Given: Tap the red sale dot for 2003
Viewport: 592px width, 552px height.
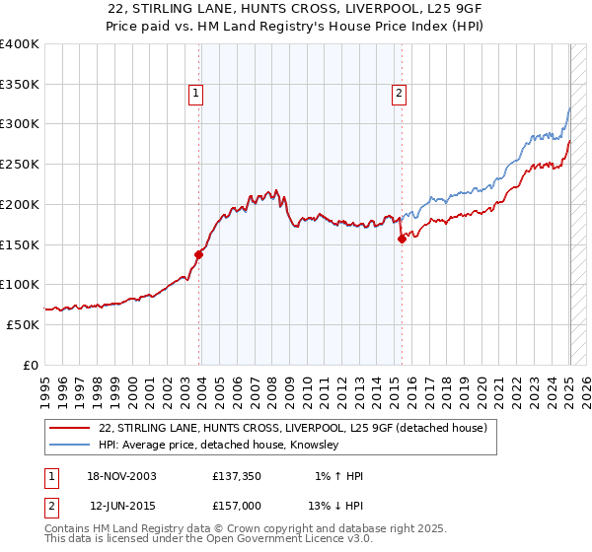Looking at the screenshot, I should point(198,254).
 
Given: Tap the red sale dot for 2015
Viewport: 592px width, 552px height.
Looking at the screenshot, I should point(402,239).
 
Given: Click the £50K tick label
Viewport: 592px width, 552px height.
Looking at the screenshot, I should point(24,324).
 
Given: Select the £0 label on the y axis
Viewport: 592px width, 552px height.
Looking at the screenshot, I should point(32,365).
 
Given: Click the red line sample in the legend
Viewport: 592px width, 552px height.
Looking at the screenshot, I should point(69,429).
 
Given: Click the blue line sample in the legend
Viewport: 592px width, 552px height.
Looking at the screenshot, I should point(69,446).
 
